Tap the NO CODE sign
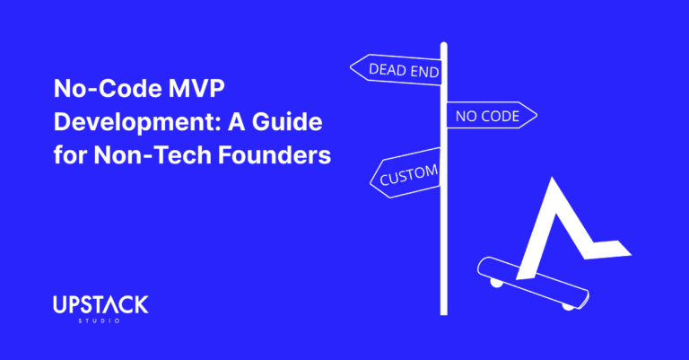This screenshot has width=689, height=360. [489, 116]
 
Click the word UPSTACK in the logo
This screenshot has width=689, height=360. [100, 306]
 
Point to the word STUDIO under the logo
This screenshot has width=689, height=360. [100, 322]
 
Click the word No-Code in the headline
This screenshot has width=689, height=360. [98, 90]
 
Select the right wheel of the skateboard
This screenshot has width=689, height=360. [568, 306]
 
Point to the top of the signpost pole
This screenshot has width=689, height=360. [443, 45]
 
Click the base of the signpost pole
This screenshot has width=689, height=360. [443, 311]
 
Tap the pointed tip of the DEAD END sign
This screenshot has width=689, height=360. [352, 66]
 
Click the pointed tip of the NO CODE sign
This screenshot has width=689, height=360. [536, 116]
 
